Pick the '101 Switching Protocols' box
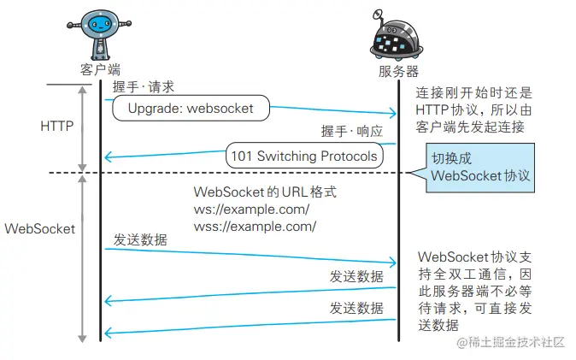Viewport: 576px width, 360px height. [x=303, y=156]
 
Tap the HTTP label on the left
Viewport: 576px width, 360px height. [x=57, y=126]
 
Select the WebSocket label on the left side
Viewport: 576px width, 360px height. [x=40, y=229]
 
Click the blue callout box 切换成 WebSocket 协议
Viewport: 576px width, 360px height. [x=480, y=168]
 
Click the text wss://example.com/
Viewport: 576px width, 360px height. [x=255, y=227]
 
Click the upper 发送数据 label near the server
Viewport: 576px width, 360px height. [x=356, y=276]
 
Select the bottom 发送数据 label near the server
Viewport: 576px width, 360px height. [x=356, y=307]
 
